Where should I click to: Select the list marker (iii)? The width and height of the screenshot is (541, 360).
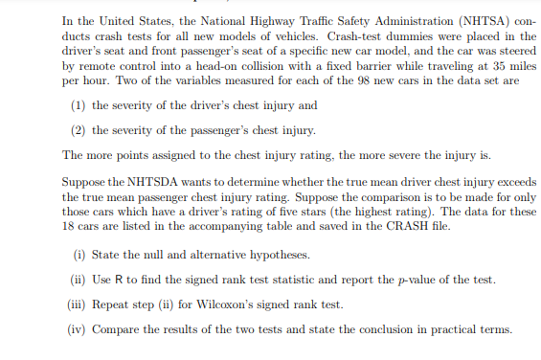pos(84,304)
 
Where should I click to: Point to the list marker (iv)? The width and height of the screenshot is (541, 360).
pos(84,329)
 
